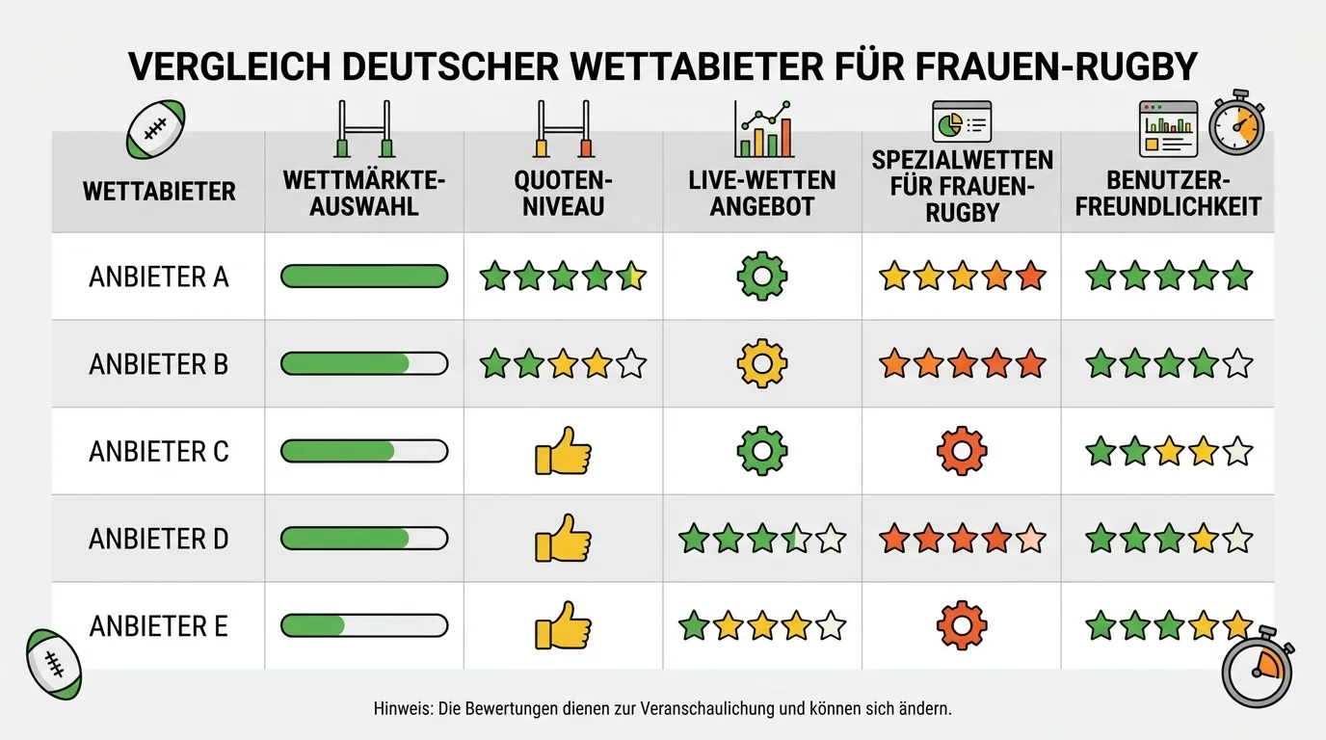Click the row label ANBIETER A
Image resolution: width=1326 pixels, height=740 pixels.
pos(159,277)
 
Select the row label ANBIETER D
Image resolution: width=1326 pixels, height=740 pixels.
pos(159,539)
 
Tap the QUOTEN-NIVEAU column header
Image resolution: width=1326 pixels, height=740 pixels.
pos(563,193)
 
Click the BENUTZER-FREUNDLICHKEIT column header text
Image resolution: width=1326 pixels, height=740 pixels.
pos(1168,193)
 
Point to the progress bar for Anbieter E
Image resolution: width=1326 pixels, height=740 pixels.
pos(364,625)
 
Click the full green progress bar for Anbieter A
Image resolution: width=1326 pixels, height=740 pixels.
pos(364,277)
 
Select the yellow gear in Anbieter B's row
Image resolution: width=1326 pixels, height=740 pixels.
pos(762,363)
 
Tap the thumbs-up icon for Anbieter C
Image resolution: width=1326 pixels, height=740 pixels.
pos(563,451)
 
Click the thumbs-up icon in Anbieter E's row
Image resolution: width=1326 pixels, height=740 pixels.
pos(563,625)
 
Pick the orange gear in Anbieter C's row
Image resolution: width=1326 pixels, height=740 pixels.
pos(962,451)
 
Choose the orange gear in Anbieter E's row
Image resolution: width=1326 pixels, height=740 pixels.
pos(962,625)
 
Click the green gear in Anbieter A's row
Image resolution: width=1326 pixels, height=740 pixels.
pos(762,277)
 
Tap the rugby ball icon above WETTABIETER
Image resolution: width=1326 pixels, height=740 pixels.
pos(156,129)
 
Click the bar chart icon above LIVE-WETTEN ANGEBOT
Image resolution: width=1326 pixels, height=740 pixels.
pos(763,129)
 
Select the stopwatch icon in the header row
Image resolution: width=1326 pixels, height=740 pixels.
pos(1236,122)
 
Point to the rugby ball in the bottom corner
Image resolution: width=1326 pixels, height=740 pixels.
pos(54,664)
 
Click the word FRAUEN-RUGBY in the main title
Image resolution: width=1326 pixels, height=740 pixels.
pos(1056,66)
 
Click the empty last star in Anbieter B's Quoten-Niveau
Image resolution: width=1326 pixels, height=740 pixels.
pos(631,363)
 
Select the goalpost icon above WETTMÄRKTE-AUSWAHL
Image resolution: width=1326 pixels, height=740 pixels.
pos(364,129)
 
